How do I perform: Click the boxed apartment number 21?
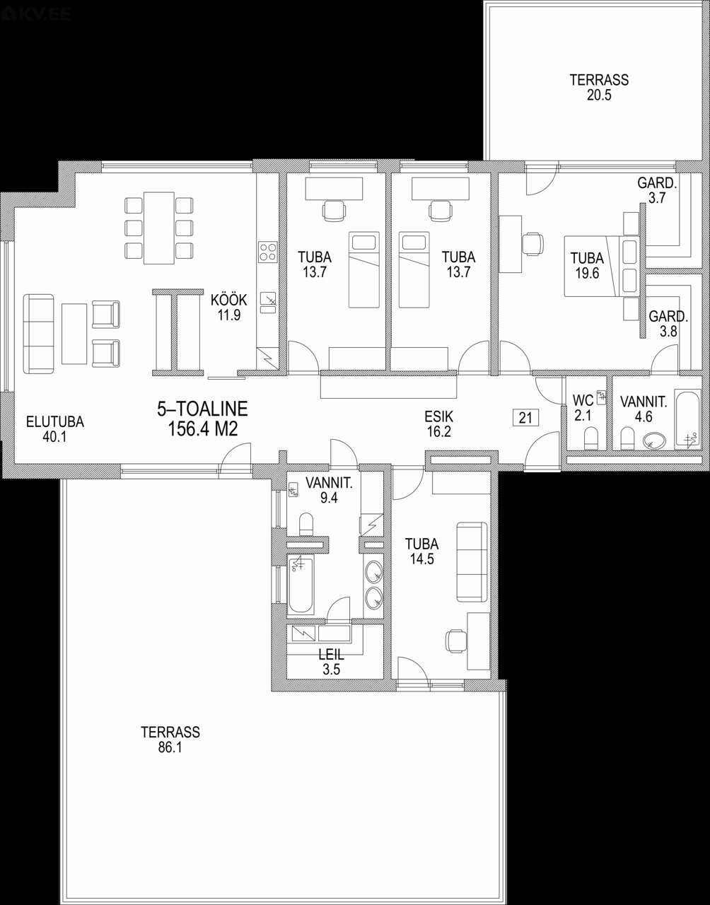click(x=525, y=417)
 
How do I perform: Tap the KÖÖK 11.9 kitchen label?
click(x=229, y=307)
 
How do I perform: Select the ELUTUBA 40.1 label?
click(x=55, y=428)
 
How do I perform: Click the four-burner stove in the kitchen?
click(x=268, y=252)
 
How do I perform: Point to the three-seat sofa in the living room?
click(x=39, y=334)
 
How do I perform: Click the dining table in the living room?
click(x=158, y=228)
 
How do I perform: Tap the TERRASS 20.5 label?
click(x=599, y=87)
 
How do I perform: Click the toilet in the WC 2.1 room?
click(x=591, y=439)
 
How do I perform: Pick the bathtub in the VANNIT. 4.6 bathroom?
click(x=687, y=419)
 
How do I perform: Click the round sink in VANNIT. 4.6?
click(x=654, y=440)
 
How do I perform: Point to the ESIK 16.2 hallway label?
click(x=439, y=424)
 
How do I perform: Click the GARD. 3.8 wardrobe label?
click(x=668, y=323)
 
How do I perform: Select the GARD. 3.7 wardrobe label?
click(x=657, y=190)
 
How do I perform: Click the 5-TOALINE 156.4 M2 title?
click(x=202, y=418)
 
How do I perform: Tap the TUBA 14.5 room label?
click(x=422, y=551)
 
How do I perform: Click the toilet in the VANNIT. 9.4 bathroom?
click(x=306, y=524)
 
